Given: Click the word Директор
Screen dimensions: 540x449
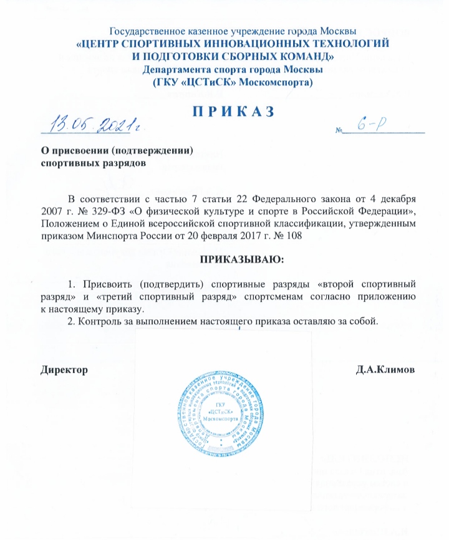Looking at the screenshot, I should (64, 370).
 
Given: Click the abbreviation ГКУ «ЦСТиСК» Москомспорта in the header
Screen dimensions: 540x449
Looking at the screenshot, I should (233, 82).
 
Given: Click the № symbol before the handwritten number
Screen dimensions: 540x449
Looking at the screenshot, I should (340, 131).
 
